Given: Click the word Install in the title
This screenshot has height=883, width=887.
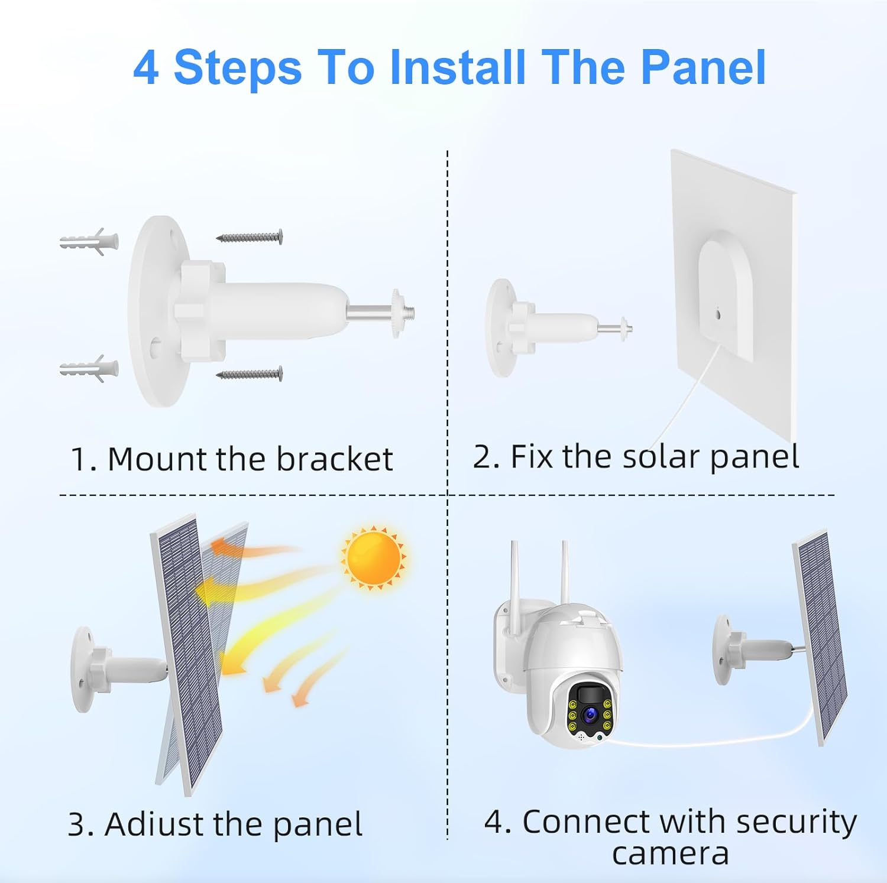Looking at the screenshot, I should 457,67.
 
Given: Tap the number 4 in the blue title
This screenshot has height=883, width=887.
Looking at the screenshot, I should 146,67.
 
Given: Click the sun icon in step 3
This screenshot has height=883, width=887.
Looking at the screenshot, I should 373,558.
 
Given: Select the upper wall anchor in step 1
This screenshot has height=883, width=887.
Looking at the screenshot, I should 89,241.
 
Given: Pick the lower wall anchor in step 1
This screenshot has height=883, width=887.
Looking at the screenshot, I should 89,369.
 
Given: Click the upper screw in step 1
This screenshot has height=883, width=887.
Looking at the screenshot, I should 249,237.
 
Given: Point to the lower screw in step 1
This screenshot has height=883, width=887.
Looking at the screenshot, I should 249,374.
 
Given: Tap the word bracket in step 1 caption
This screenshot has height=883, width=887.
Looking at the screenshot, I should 335,459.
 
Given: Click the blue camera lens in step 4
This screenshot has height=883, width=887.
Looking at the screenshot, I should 590,715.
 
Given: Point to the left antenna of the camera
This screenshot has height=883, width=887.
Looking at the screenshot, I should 515,573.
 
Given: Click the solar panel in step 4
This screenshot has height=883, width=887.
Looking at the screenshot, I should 821,635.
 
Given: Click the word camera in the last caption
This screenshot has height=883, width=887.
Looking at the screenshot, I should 671,853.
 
